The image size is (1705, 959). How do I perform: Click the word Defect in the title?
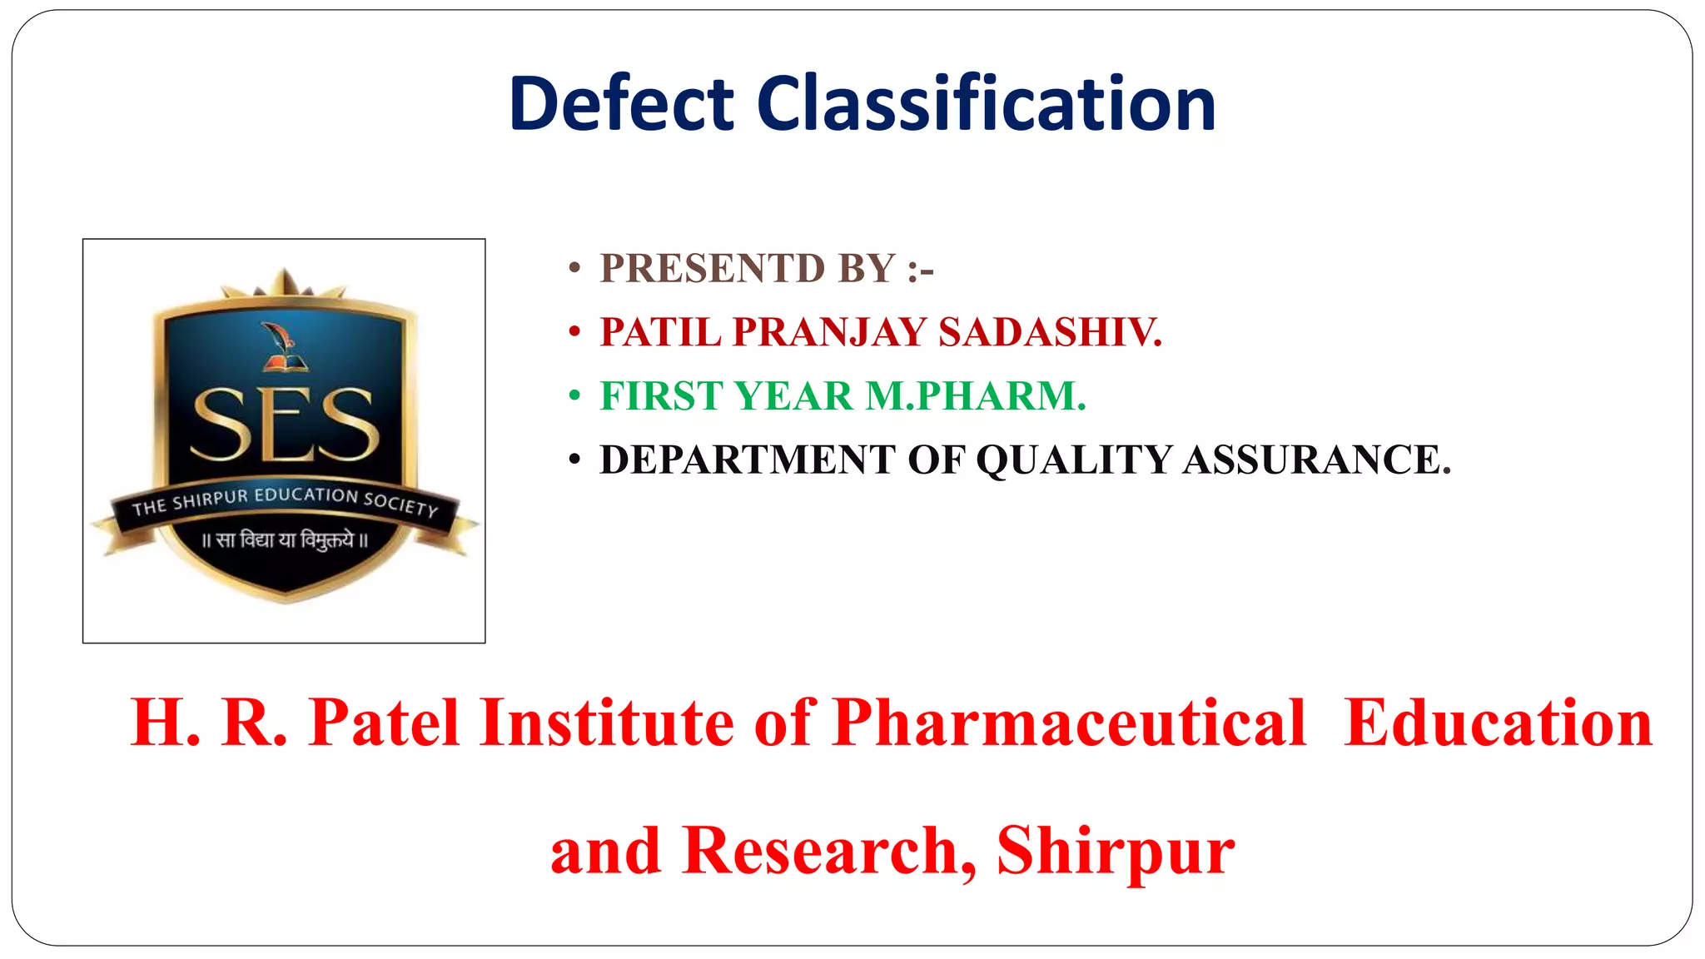click(x=621, y=104)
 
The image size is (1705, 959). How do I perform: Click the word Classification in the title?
click(x=987, y=104)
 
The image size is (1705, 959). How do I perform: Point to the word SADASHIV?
click(x=1050, y=332)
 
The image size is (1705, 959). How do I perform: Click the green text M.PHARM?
click(x=976, y=396)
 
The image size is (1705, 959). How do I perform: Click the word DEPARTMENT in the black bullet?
click(x=747, y=460)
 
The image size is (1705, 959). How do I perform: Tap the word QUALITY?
click(x=1074, y=460)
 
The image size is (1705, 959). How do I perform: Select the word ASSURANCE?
click(x=1317, y=460)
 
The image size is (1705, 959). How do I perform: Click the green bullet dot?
click(x=574, y=396)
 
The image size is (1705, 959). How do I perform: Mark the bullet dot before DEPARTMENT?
click(x=574, y=460)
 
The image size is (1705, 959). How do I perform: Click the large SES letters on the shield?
click(x=285, y=425)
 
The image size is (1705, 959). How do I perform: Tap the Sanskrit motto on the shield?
click(x=285, y=540)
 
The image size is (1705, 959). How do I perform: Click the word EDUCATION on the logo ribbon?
click(x=306, y=495)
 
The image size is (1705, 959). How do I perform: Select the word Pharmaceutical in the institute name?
click(x=1069, y=723)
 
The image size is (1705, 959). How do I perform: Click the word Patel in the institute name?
click(x=384, y=723)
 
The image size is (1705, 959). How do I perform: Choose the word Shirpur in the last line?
click(x=1116, y=851)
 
